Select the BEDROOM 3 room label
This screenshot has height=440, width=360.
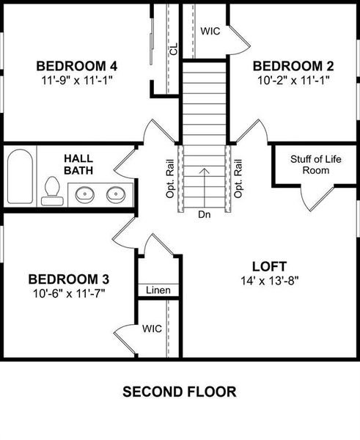[69, 279]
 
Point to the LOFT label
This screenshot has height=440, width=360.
[269, 265]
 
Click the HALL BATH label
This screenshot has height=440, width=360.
[78, 164]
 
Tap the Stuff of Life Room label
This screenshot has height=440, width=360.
[309, 164]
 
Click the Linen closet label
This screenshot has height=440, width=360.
[158, 290]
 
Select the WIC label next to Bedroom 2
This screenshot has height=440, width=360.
[211, 32]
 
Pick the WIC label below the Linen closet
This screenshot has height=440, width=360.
[152, 329]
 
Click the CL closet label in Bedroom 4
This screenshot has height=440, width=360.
[173, 48]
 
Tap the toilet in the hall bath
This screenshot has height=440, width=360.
[52, 191]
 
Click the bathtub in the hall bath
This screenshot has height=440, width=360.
[20, 177]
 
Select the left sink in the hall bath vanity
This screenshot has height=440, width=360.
[84, 195]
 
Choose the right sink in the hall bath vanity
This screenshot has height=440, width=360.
[115, 195]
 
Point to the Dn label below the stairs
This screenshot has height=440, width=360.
[205, 216]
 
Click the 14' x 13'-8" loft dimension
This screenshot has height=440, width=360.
[269, 279]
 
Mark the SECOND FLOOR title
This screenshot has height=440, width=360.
[180, 392]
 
